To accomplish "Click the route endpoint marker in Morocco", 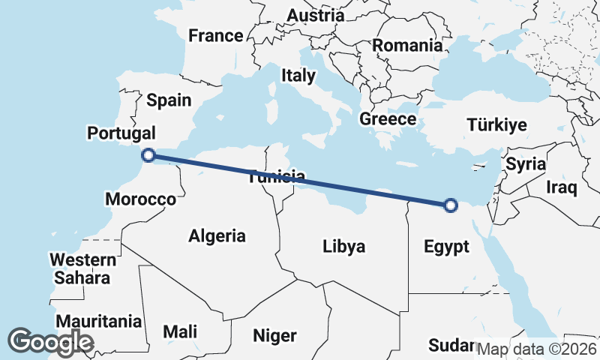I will coord(148,155).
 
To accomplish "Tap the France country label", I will coord(216,35).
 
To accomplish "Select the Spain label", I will coord(169,100).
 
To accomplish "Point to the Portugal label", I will coord(121,133).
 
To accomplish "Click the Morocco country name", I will coord(140,199).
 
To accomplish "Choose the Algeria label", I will coord(217,236).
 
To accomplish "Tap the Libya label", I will coord(343,246).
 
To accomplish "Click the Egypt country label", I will coord(446,246).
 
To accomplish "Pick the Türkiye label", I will coord(496,125).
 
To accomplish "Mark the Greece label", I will coord(388,118).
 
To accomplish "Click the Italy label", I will coord(298,75).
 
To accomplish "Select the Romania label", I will coord(407,45).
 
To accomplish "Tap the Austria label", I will coord(316,15).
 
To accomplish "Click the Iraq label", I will coord(561,186).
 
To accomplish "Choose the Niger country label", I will coord(275,335).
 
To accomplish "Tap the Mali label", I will coord(181,331).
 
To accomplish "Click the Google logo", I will coord(50,342).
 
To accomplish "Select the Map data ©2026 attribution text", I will coord(537,349).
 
